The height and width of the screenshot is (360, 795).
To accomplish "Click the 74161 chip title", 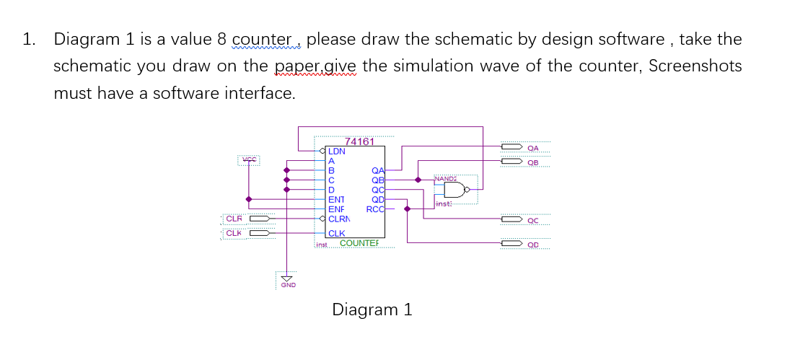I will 360,141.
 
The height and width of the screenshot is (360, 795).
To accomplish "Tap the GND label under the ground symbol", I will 287,286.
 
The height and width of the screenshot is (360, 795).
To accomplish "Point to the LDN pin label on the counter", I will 337,152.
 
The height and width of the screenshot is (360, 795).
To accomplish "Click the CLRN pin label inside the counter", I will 339,219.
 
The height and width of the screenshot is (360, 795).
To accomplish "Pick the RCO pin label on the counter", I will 375,209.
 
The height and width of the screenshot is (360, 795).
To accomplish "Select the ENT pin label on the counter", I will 336,200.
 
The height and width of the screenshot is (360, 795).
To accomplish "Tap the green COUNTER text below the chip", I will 359,243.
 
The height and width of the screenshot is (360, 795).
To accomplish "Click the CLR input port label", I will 234,219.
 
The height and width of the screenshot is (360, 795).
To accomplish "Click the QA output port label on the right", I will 533,148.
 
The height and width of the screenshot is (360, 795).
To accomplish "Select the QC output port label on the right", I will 533,220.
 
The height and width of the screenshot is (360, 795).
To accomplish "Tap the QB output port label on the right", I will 533,162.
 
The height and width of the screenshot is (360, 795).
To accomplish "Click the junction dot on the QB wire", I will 417,180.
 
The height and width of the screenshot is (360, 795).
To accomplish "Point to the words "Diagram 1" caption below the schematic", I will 372,310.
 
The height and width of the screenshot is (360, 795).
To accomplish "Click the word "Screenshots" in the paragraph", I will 695,66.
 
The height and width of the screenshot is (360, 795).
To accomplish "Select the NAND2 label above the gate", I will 446,177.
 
